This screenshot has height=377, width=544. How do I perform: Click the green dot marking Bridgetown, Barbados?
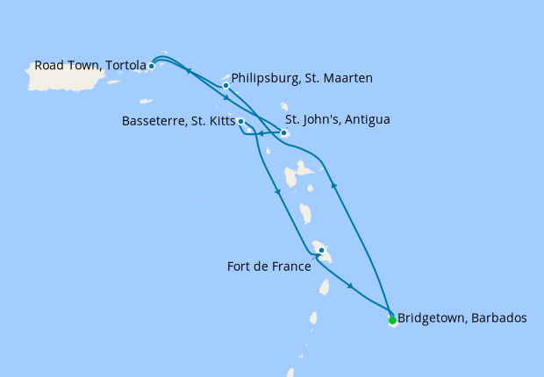[x=392, y=320]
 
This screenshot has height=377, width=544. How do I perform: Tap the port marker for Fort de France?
[x=322, y=251]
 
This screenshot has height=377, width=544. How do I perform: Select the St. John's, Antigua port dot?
[x=283, y=133]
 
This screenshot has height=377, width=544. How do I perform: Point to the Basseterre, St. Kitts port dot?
[x=240, y=122]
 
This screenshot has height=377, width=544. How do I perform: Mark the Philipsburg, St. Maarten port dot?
[x=226, y=86]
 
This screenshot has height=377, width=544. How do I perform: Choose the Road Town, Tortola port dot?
[x=152, y=66]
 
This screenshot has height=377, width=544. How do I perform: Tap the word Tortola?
[x=125, y=65]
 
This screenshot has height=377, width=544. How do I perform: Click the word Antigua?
[x=367, y=119]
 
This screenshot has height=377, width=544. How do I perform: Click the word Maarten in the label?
[x=348, y=79]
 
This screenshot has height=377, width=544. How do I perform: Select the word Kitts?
[x=217, y=122]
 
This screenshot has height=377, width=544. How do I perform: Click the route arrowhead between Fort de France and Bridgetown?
[x=351, y=287]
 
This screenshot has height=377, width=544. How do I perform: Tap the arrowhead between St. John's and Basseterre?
[x=261, y=134]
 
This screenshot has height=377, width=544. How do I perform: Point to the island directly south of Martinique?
[x=324, y=287]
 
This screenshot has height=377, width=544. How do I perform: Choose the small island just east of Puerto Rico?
[x=112, y=82]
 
